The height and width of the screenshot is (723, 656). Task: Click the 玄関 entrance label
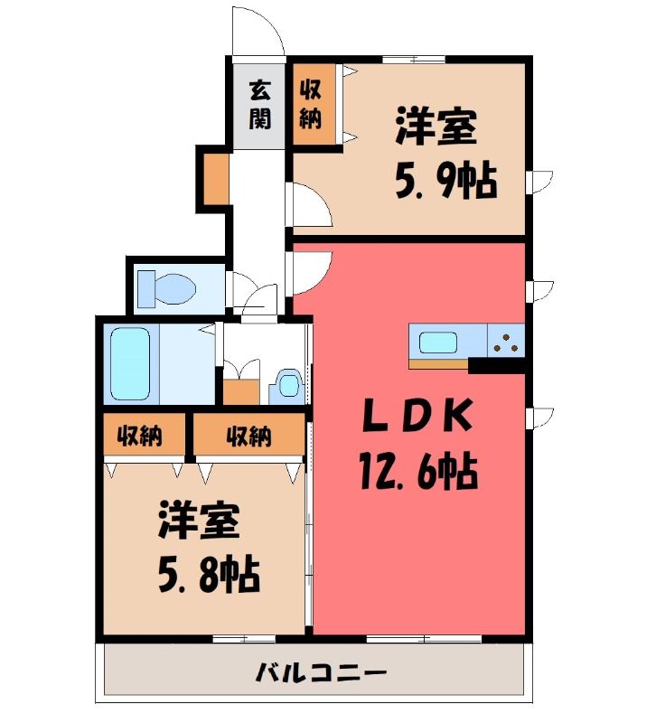pos(259,103)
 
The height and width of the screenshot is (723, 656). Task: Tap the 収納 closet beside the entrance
pos(311,103)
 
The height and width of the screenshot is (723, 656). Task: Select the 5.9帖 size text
pos(445,183)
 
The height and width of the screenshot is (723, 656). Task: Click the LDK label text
pos(417,416)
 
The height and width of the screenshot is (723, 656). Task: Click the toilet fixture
pos(168,287)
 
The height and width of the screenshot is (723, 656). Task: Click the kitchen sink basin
pos(438,343)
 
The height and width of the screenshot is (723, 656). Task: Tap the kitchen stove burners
pos(506,342)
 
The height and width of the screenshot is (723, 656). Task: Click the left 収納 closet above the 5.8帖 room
pos(140,437)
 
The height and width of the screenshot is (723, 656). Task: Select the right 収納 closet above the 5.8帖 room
pos(248,437)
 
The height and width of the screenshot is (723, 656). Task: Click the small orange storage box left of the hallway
pos(215,182)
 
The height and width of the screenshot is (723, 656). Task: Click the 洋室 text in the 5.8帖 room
pos(199,521)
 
